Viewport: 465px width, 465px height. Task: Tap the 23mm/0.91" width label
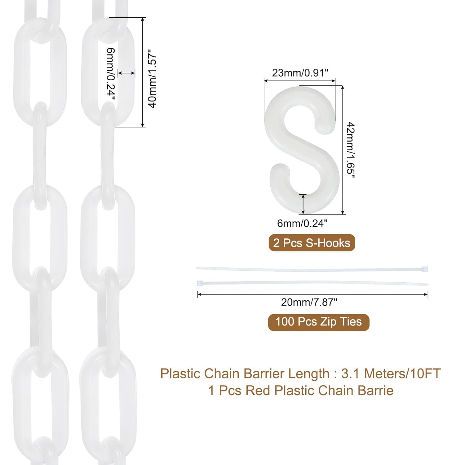click(300, 73)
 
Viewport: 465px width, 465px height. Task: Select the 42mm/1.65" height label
click(351, 150)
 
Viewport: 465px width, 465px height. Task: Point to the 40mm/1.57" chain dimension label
click(152, 78)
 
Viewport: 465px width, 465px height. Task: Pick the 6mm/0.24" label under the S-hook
click(302, 223)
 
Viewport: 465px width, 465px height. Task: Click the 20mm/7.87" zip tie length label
click(309, 302)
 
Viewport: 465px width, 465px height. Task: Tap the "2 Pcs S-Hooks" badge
click(312, 243)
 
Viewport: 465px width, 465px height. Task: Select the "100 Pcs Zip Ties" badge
click(319, 322)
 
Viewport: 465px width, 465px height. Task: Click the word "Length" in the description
click(309, 374)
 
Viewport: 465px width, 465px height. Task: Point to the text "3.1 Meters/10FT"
click(391, 374)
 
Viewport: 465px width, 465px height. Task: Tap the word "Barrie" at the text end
click(375, 391)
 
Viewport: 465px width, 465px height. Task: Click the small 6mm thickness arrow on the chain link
click(126, 73)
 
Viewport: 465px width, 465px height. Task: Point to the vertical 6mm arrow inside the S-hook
click(303, 204)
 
